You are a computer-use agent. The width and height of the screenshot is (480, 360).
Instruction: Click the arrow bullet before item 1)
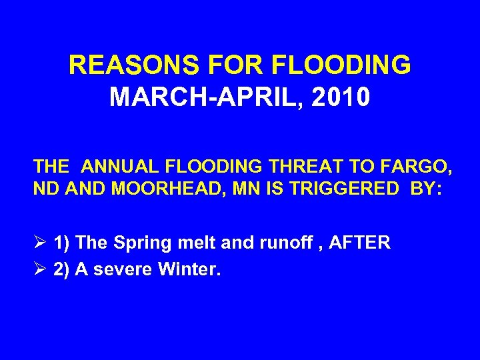click(x=40, y=243)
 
